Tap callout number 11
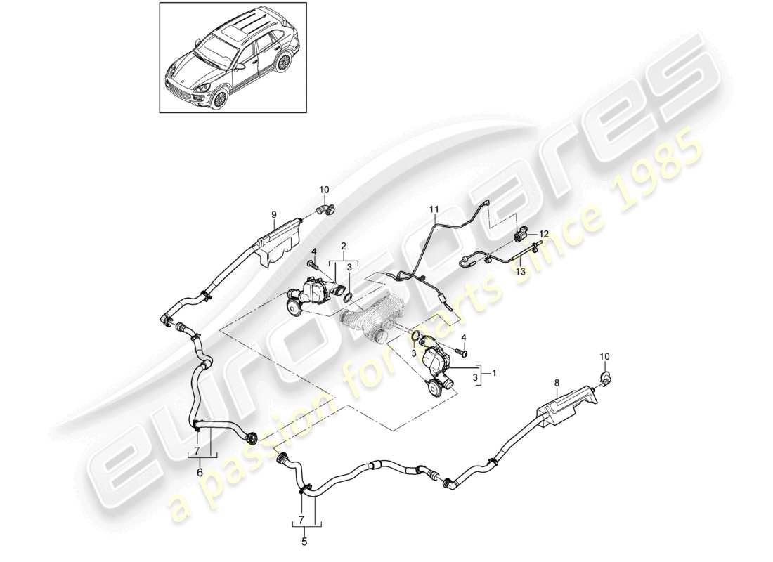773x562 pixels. (x=434, y=209)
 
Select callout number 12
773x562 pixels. (x=543, y=233)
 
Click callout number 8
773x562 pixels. (x=556, y=383)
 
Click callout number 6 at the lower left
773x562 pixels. (x=200, y=473)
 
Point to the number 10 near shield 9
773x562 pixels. (x=324, y=190)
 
